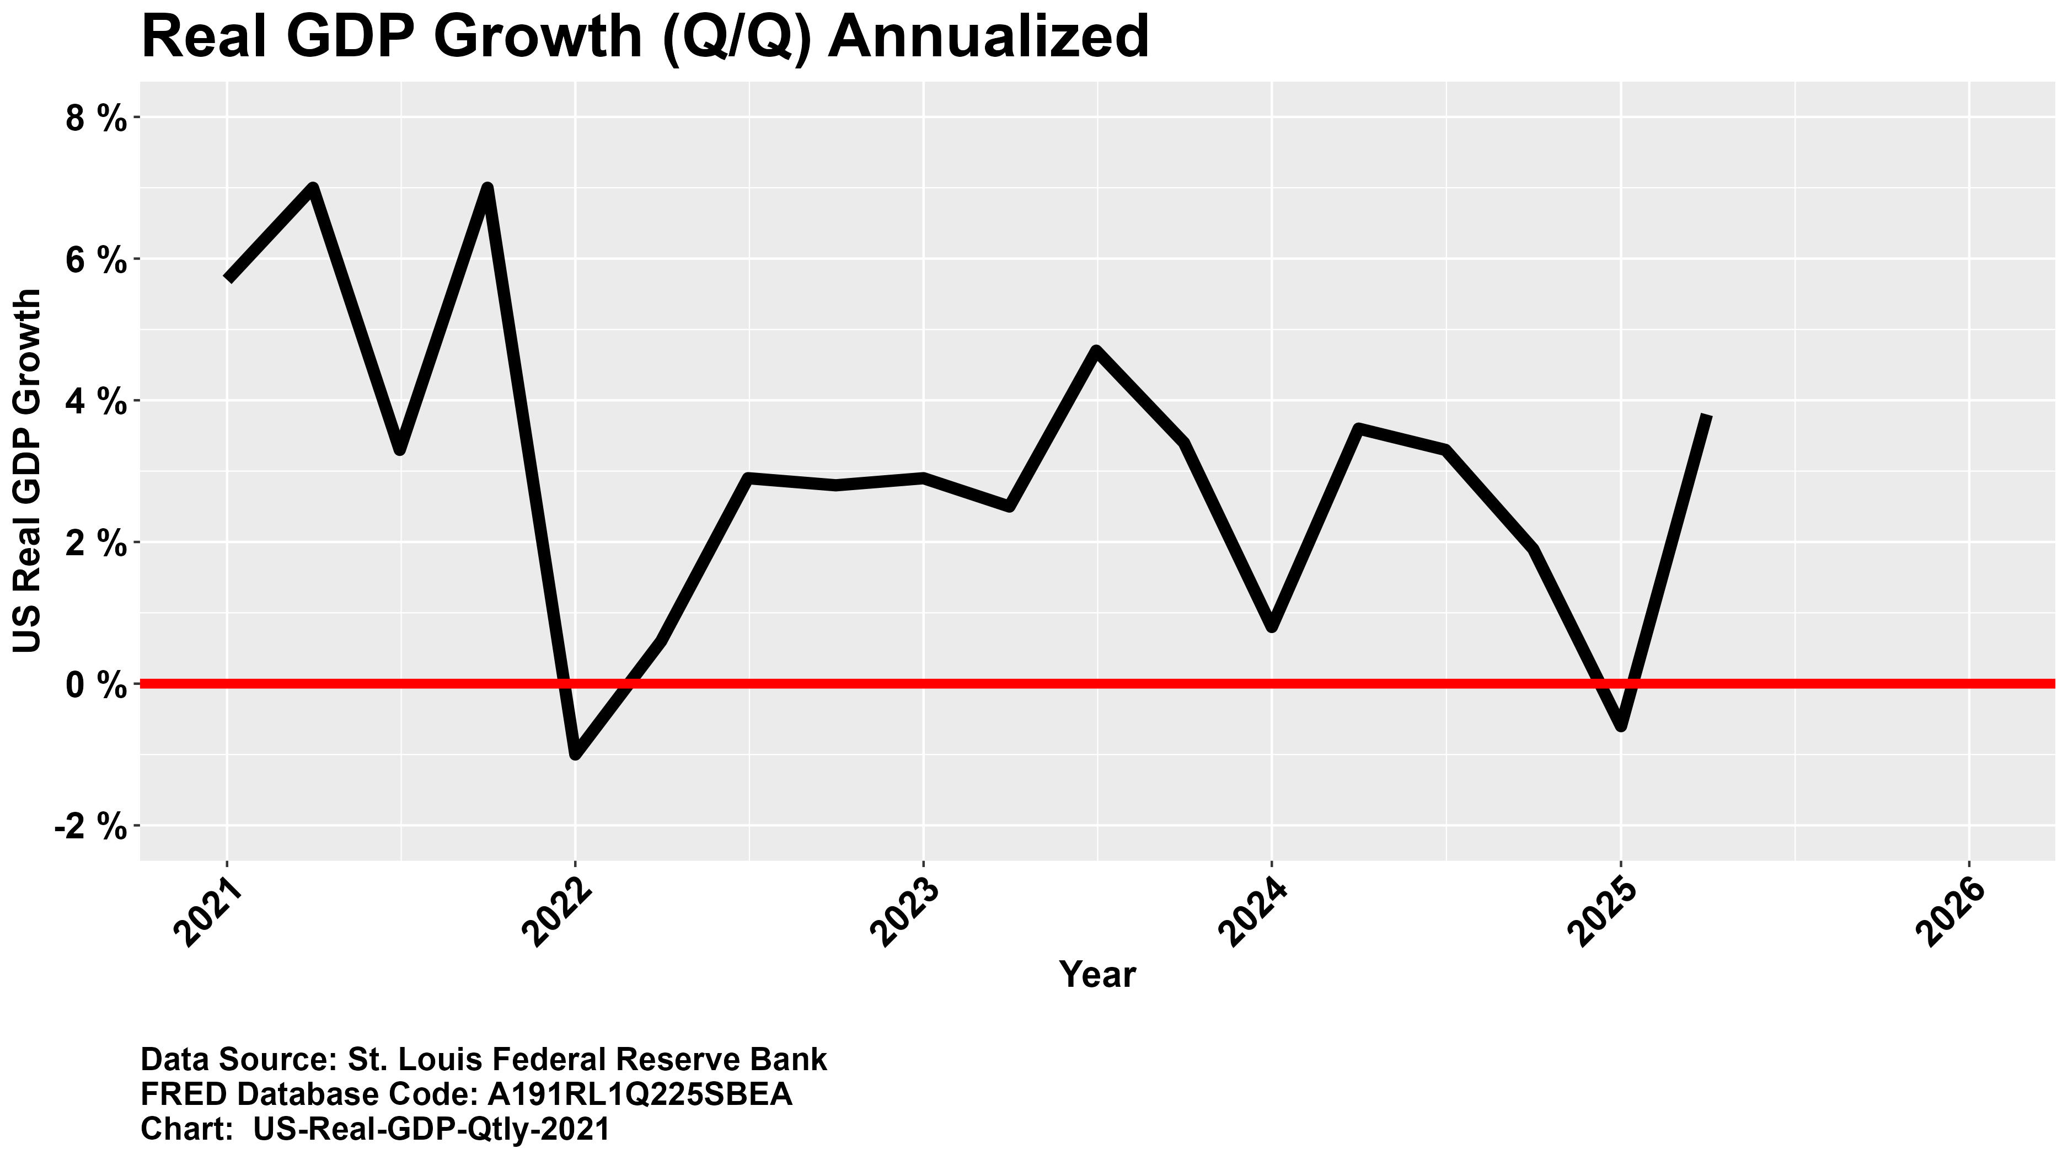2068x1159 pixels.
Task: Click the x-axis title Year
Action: [1097, 974]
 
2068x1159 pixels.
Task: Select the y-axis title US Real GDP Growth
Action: [28, 471]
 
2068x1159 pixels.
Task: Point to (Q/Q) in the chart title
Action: [736, 38]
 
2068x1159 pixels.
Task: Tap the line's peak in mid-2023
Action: [1097, 350]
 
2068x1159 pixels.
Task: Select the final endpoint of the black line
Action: [1707, 416]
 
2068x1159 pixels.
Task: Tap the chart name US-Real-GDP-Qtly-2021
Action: [431, 1129]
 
